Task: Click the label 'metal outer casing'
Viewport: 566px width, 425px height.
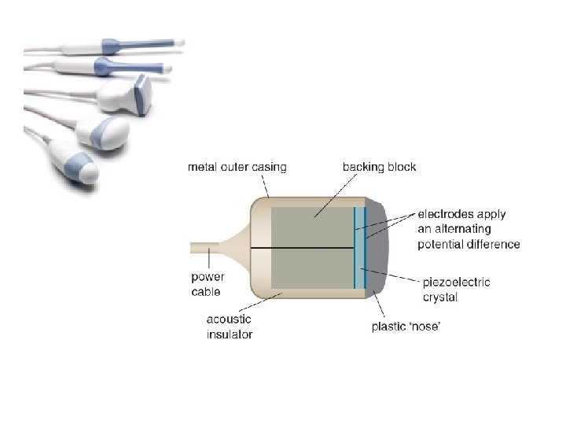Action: (x=237, y=167)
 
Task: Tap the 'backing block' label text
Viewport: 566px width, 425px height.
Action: (x=379, y=167)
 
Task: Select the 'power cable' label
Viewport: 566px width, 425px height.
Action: (x=208, y=284)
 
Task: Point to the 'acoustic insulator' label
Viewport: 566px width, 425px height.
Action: (x=230, y=327)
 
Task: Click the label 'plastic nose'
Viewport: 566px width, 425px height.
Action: (x=406, y=327)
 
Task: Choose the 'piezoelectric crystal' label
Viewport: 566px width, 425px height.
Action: (x=456, y=290)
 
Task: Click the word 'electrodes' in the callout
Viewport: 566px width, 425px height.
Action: (x=443, y=213)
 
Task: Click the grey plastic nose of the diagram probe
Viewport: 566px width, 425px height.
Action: (x=378, y=248)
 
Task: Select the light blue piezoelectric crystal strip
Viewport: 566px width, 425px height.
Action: (x=359, y=248)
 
